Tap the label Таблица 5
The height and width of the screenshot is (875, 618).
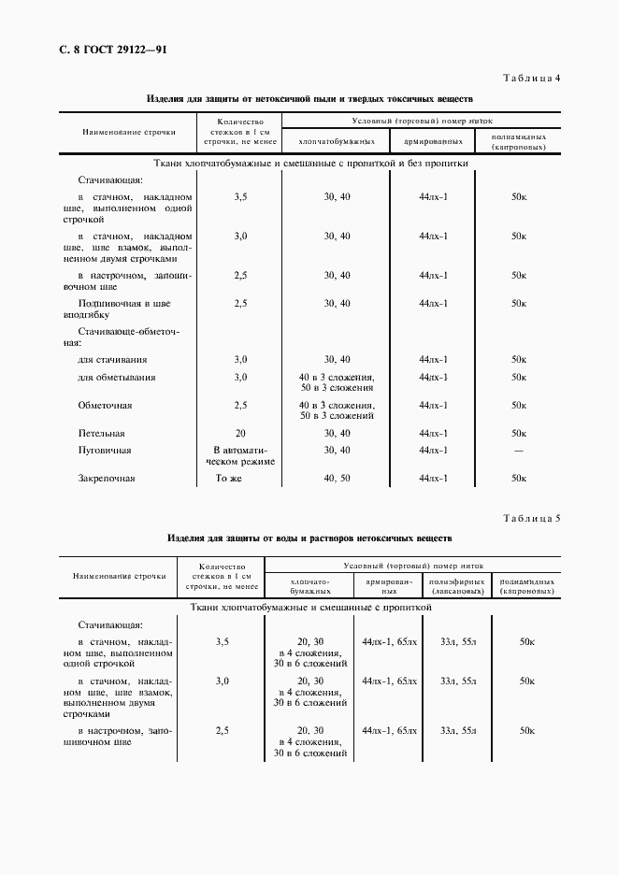tap(531, 518)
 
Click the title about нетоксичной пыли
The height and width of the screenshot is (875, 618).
tap(309, 98)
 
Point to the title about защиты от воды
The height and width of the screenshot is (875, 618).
tap(309, 538)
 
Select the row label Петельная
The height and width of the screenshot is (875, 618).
tap(102, 434)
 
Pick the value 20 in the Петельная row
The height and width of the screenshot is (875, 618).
tap(240, 434)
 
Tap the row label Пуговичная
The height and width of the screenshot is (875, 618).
tap(105, 451)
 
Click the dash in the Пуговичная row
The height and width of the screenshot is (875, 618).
tap(519, 451)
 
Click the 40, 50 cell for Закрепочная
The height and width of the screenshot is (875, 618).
tap(337, 479)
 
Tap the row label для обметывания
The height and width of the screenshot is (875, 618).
tap(117, 378)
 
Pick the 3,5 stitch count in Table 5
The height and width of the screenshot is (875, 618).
tap(223, 642)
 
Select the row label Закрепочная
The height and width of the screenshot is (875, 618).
tap(107, 479)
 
